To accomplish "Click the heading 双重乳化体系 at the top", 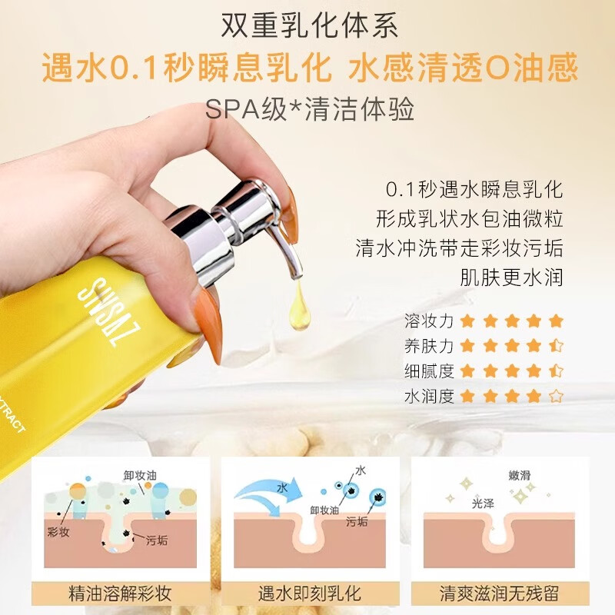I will [308, 27].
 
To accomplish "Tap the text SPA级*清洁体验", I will [310, 108].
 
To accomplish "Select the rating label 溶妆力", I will [429, 321].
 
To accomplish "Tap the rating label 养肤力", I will [429, 346].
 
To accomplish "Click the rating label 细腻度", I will [429, 371].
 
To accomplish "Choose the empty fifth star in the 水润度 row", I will [556, 397].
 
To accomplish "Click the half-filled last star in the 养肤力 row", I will [556, 346].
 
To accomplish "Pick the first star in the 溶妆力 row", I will [467, 321].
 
